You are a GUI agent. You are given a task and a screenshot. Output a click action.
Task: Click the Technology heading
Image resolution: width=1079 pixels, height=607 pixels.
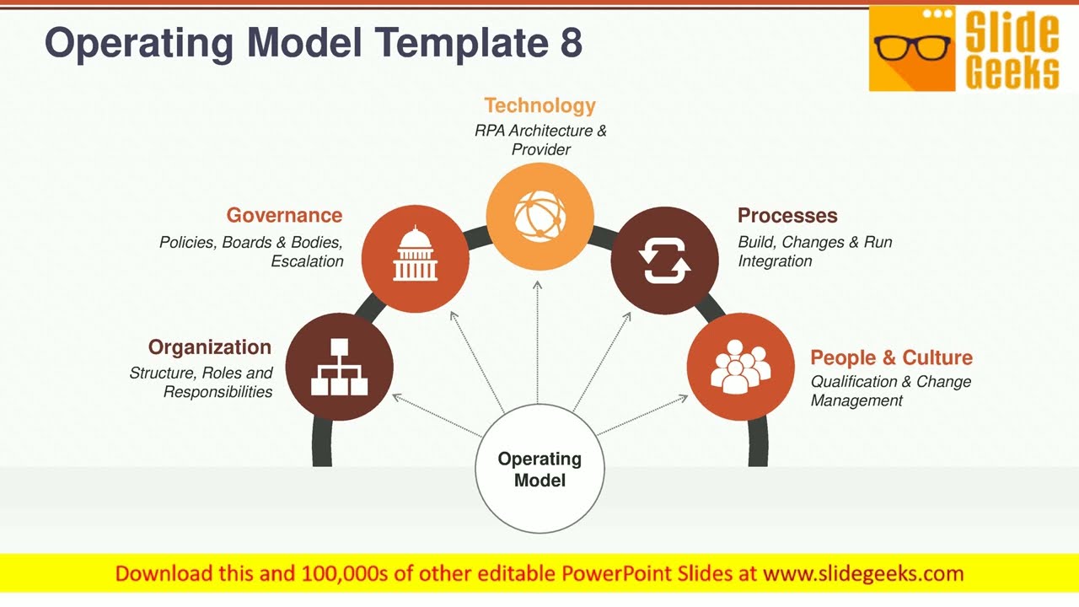point(539,105)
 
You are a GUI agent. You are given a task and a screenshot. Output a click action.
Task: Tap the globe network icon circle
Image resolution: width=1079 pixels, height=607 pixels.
point(539,216)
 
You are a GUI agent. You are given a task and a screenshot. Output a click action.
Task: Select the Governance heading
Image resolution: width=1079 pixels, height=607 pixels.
point(284,216)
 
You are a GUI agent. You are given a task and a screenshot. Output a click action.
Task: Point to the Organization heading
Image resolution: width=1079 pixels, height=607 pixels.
point(210,347)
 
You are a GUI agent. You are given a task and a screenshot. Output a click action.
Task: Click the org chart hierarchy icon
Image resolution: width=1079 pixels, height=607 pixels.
point(339,367)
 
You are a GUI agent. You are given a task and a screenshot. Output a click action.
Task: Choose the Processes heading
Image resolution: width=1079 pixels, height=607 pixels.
point(787,216)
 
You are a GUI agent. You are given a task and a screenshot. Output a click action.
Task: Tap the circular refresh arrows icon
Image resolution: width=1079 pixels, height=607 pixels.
point(664,261)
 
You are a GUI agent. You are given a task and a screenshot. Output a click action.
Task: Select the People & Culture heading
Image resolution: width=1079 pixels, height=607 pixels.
point(891,357)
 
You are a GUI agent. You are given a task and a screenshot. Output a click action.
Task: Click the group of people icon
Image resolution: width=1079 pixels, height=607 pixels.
point(740,367)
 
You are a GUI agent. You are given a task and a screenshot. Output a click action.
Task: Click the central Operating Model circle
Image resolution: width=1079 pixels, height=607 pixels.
point(539,470)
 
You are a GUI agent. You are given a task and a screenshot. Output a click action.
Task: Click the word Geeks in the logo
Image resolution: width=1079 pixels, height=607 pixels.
point(1012,73)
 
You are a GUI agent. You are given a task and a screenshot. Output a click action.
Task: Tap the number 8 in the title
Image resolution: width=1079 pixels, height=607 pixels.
point(571,43)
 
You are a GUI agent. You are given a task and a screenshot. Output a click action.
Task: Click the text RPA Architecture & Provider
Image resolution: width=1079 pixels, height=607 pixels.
point(540,140)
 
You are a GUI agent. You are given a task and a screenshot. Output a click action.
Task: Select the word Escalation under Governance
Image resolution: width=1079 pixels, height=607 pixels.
point(307,261)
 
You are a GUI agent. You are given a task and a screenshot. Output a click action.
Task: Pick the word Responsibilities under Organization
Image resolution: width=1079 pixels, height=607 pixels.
point(217,392)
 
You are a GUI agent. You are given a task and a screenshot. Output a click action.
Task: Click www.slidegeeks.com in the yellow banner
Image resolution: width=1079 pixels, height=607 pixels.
point(862,574)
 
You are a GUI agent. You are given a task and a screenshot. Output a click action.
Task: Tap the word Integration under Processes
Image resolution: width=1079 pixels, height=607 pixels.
point(775,261)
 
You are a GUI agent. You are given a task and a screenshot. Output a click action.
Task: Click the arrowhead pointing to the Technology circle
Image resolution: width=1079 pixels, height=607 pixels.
point(538,285)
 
